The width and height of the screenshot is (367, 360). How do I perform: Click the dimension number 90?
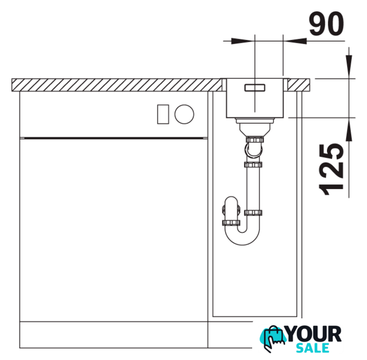pos(326,24)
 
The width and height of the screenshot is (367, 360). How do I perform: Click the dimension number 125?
pos(331,169)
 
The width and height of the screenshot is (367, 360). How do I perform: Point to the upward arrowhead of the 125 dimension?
pos(349,129)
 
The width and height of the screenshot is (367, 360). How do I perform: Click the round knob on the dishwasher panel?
pos(184,114)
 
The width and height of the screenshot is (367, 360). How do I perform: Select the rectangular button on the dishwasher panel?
pos(163,114)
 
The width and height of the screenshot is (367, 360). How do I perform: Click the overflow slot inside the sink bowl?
pos(254,88)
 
